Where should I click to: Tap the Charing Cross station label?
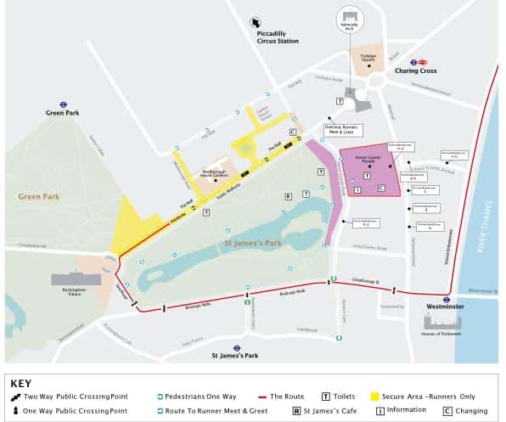415,70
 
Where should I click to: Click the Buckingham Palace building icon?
76,279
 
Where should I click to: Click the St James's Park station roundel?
238,347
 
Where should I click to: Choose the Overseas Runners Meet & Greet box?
342,130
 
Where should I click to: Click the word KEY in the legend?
21,383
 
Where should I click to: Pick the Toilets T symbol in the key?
325,396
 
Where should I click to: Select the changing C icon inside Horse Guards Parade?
381,188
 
